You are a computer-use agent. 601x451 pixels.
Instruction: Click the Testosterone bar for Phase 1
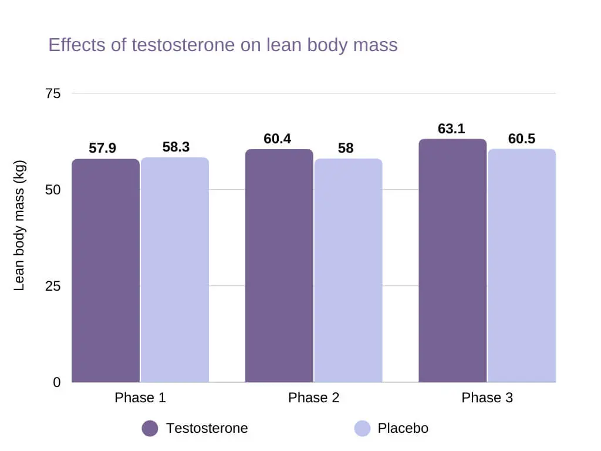click(x=106, y=270)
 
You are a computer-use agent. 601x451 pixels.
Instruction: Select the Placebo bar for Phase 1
click(x=175, y=270)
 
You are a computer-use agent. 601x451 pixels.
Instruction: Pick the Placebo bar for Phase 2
click(x=348, y=270)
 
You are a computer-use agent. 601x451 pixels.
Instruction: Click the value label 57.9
click(x=103, y=149)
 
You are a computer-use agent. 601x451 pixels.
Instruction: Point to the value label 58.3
click(x=176, y=147)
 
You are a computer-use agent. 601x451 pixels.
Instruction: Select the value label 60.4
click(x=278, y=139)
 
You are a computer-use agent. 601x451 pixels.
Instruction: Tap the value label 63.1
click(x=451, y=129)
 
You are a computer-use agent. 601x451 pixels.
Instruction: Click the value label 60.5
click(x=522, y=139)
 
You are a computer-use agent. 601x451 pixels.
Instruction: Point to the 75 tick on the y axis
click(x=53, y=93)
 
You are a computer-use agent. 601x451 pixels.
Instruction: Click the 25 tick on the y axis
click(x=53, y=286)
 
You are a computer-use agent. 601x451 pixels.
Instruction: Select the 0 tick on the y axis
click(x=57, y=382)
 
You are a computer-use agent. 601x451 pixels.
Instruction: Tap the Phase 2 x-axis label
click(x=313, y=398)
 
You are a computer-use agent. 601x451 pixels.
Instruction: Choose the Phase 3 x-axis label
click(x=487, y=398)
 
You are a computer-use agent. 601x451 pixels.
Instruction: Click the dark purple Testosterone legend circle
click(x=150, y=429)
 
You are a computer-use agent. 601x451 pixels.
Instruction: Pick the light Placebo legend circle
click(x=363, y=429)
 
